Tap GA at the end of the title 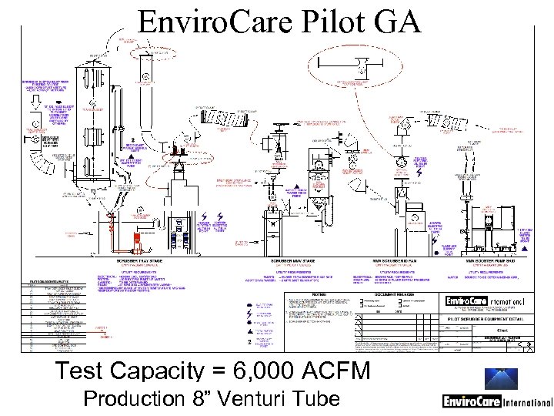(397, 22)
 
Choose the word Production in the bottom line (145, 401)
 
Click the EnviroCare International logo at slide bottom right (497, 401)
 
